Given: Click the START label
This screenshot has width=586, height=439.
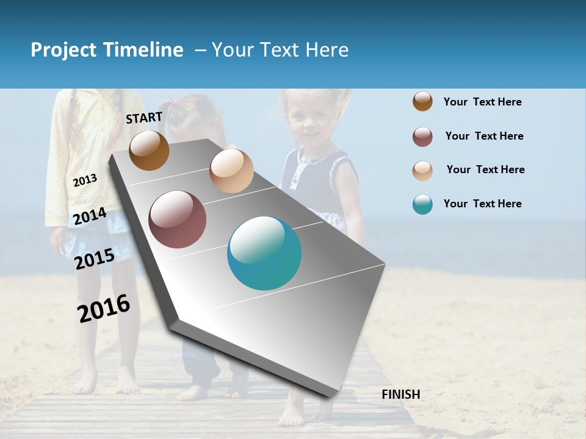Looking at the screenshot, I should point(144,118).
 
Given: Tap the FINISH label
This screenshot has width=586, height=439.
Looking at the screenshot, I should point(400,394).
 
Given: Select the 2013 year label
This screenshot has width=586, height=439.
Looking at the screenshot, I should point(85,180).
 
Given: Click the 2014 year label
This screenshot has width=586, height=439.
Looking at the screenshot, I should point(90,216).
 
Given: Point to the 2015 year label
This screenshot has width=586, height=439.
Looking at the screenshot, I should point(95,259).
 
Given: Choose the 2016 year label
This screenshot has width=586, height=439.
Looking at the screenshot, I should point(104,309).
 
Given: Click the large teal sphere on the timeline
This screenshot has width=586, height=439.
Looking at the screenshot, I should point(264,253).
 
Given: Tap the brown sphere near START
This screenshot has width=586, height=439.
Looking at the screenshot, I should point(149,150).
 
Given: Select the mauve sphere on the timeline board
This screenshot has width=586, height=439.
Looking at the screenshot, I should point(178,220).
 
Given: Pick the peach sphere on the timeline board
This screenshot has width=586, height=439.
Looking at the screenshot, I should point(231,171).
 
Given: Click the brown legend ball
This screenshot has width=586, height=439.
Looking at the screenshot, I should point(422,101).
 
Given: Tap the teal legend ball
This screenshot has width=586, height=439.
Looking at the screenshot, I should point(422,204).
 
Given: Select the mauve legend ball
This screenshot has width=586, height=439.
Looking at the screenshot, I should point(422,137).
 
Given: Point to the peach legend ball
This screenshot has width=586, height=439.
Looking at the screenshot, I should point(422,171).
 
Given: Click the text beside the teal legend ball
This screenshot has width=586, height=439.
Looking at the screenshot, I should point(482,204).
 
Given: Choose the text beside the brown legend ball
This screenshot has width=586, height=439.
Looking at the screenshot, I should point(482,102).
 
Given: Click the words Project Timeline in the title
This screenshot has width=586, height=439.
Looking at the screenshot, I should point(107,50).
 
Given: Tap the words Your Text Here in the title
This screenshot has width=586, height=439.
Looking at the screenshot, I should point(280,50).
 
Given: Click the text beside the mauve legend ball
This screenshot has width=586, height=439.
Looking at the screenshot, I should point(484,136).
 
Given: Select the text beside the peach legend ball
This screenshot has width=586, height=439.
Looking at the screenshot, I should point(485,170).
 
